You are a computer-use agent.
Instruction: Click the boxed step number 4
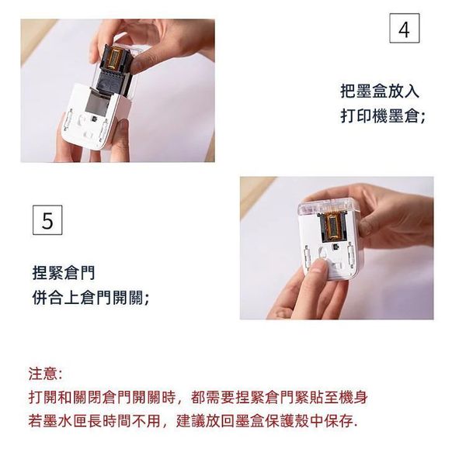click(405, 28)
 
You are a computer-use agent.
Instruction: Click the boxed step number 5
click(47, 220)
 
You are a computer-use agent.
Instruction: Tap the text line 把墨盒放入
click(380, 91)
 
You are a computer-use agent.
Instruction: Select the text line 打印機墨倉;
click(383, 116)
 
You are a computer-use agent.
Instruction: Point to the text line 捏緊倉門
click(64, 272)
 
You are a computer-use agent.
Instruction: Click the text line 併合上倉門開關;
click(91, 298)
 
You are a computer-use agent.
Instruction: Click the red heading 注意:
click(45, 374)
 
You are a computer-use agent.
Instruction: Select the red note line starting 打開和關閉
click(198, 397)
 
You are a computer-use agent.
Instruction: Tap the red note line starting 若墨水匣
click(193, 421)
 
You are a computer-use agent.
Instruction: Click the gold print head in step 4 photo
click(116, 57)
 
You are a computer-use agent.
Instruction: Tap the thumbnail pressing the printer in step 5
click(318, 266)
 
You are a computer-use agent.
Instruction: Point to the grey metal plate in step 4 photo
click(97, 104)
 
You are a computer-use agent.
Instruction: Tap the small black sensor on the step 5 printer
click(336, 247)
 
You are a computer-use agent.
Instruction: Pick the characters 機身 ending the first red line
click(353, 397)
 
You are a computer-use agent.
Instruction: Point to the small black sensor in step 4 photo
click(94, 119)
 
